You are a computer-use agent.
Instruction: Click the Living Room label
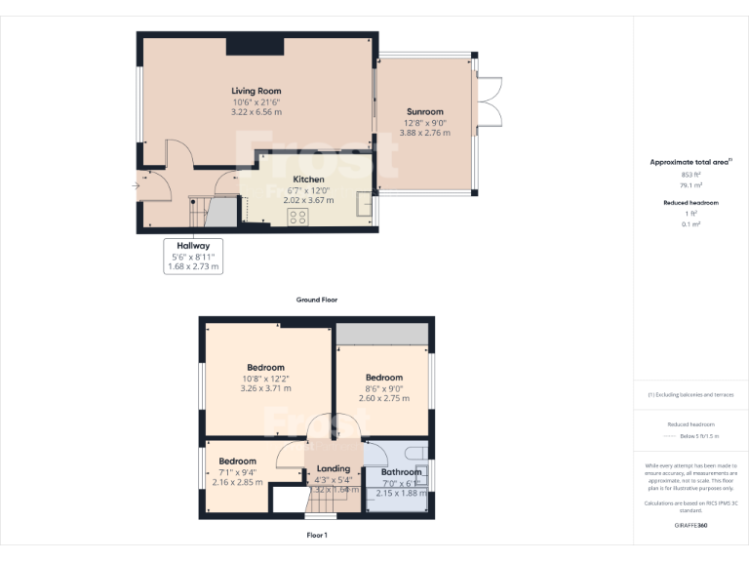pyautogui.click(x=256, y=91)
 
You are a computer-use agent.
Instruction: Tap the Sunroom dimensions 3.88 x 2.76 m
pyautogui.click(x=424, y=133)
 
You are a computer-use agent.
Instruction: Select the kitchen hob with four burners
pyautogui.click(x=297, y=217)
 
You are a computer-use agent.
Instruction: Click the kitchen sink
pyautogui.click(x=365, y=205)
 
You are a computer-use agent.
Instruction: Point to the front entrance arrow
pyautogui.click(x=135, y=184)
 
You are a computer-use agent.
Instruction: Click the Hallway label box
pyautogui.click(x=193, y=256)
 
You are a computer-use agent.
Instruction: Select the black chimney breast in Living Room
pyautogui.click(x=256, y=46)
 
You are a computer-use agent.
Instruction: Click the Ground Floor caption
pyautogui.click(x=316, y=300)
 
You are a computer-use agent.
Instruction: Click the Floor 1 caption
pyautogui.click(x=316, y=536)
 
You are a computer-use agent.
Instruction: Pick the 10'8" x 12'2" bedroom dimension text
pyautogui.click(x=265, y=379)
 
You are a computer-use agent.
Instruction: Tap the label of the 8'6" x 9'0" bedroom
pyautogui.click(x=383, y=378)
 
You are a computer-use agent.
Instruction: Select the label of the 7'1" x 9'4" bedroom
pyautogui.click(x=237, y=462)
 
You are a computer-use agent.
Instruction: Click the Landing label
pyautogui.click(x=334, y=468)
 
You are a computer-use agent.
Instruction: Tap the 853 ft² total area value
pyautogui.click(x=690, y=174)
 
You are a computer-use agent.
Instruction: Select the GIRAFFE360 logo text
pyautogui.click(x=690, y=526)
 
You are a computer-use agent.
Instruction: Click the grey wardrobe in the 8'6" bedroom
pyautogui.click(x=382, y=333)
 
